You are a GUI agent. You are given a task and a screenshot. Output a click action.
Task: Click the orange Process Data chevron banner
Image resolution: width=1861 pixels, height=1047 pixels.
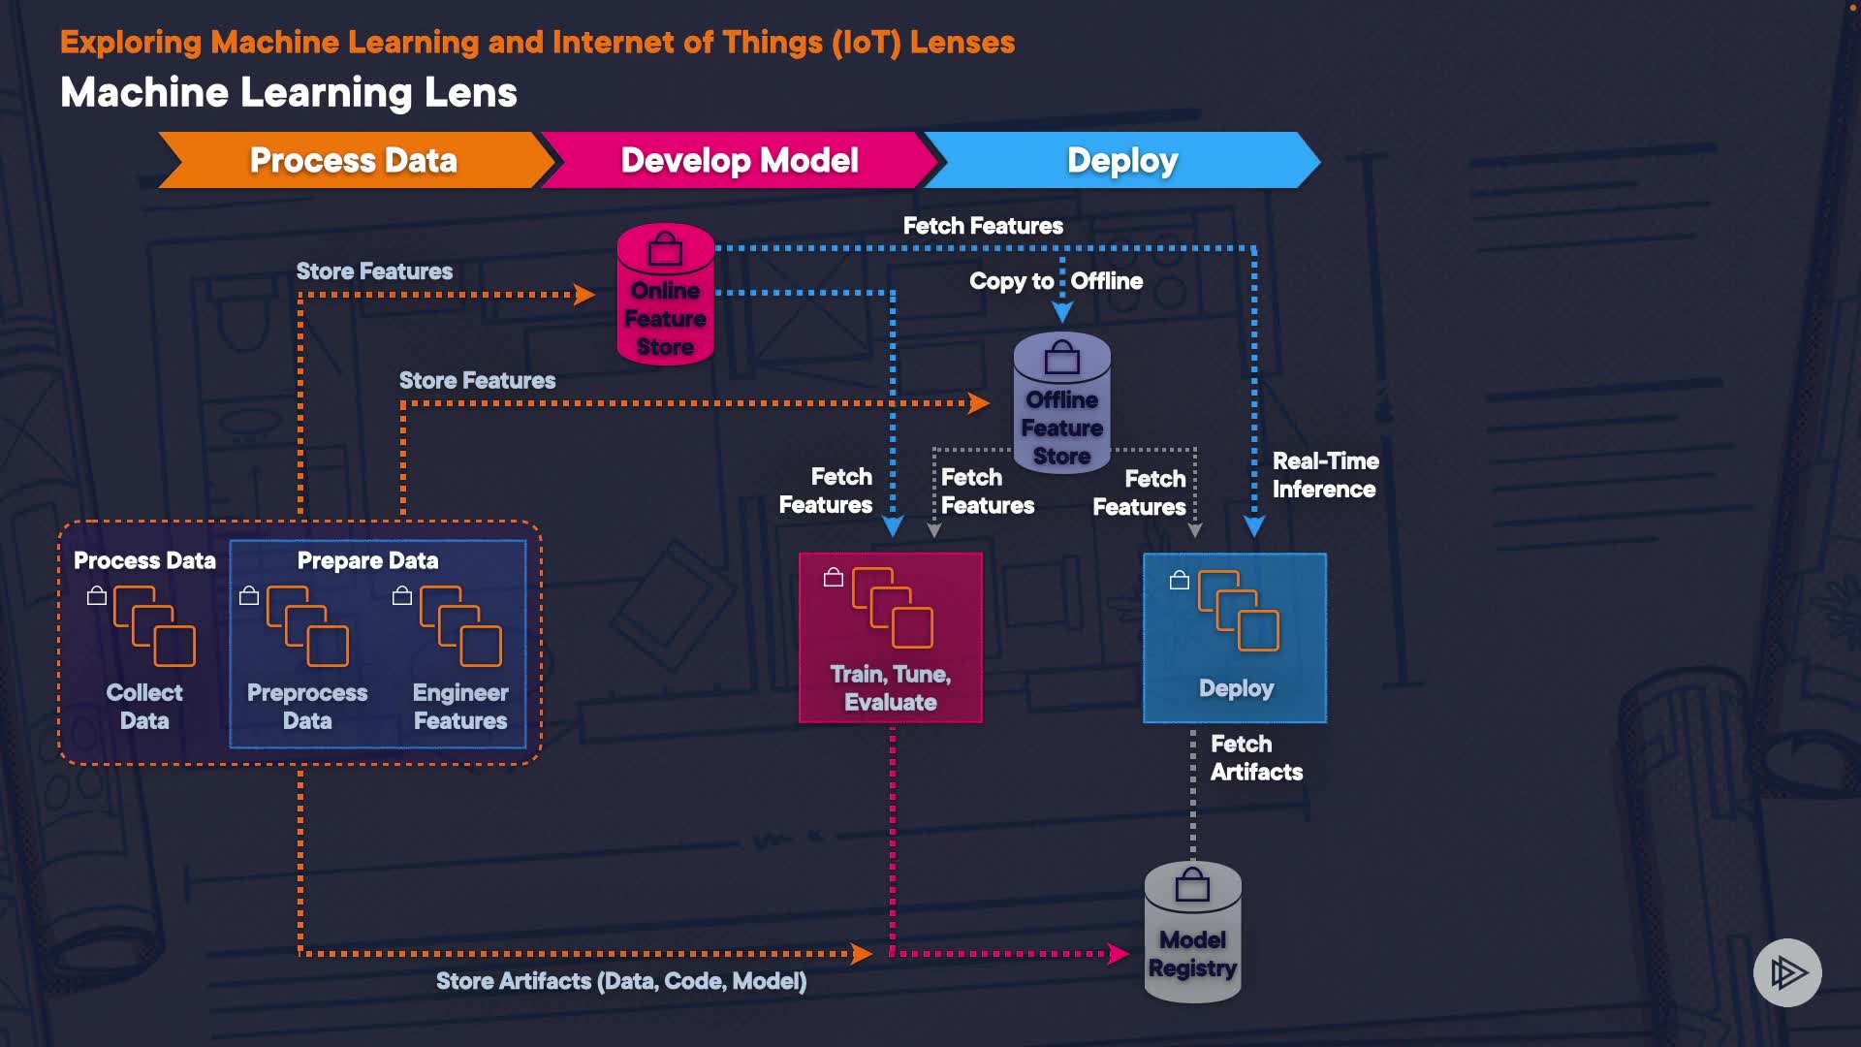pos(353,160)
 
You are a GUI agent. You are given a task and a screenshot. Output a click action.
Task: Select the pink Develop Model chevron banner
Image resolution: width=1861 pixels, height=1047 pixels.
pos(739,160)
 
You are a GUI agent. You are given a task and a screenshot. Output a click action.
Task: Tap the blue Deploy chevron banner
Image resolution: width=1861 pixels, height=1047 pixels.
pos(1122,160)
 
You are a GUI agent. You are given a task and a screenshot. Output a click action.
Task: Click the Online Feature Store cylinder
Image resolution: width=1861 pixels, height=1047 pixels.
pos(666,295)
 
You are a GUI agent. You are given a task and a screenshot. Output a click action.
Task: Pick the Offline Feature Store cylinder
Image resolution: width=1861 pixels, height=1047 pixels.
pos(1062,403)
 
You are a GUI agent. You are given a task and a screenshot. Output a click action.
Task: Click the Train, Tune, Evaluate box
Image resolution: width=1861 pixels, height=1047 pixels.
pos(890,638)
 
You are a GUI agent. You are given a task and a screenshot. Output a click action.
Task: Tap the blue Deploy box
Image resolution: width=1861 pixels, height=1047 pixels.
pos(1235,638)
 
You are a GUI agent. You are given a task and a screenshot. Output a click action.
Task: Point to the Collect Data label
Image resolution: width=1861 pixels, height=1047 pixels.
pos(144,707)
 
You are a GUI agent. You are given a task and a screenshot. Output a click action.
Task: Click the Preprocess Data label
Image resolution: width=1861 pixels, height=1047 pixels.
pos(307,707)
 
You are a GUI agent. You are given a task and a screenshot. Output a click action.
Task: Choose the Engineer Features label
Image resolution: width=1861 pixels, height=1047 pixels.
pos(460,707)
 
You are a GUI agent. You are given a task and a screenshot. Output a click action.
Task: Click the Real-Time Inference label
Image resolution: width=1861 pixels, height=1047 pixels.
pos(1325,475)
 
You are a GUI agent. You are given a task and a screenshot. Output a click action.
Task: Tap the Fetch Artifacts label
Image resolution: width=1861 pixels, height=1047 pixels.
pos(1256,758)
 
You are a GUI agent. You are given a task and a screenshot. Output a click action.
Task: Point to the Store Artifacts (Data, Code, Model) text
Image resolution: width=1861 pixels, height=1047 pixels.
pos(621,981)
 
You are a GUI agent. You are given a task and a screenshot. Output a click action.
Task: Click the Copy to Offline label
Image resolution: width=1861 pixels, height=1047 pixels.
pos(1056,281)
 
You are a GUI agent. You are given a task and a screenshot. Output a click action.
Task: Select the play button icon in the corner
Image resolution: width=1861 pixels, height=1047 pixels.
pos(1787,972)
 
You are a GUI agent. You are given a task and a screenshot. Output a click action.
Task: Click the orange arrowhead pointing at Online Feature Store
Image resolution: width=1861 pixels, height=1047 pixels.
pos(584,294)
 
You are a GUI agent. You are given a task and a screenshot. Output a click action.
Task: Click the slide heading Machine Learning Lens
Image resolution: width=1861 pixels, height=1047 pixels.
pos(289,93)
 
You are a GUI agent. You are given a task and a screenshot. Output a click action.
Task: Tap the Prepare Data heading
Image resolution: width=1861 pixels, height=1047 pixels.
pos(367,560)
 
